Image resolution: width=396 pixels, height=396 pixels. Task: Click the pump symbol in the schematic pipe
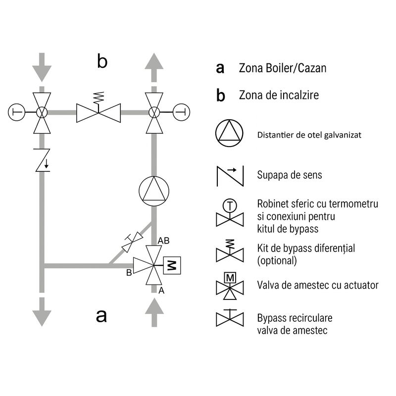(154, 191)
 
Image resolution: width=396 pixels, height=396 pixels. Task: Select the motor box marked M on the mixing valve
(172, 265)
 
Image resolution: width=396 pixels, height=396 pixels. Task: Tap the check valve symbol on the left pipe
(43, 160)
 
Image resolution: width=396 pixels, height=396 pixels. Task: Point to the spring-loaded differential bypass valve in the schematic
(99, 108)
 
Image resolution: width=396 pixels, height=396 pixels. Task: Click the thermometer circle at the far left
(17, 112)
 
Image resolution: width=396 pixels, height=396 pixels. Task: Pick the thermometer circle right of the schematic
(181, 112)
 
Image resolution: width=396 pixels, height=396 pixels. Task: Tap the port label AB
(163, 241)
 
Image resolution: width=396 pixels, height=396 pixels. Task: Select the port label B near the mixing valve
(129, 273)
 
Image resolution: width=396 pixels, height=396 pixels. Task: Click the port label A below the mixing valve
(161, 291)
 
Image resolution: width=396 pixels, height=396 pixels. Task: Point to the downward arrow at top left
(42, 67)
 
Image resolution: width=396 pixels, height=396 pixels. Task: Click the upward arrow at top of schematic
(154, 67)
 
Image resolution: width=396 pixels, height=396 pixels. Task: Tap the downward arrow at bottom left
(42, 312)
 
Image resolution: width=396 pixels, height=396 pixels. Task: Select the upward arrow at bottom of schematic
(154, 312)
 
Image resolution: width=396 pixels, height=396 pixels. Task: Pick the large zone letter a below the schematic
(101, 316)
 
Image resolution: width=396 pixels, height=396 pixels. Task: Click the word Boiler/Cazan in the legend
(297, 68)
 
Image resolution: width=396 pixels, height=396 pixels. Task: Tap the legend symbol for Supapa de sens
(230, 176)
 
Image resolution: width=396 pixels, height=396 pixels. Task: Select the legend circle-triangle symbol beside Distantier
(229, 133)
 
